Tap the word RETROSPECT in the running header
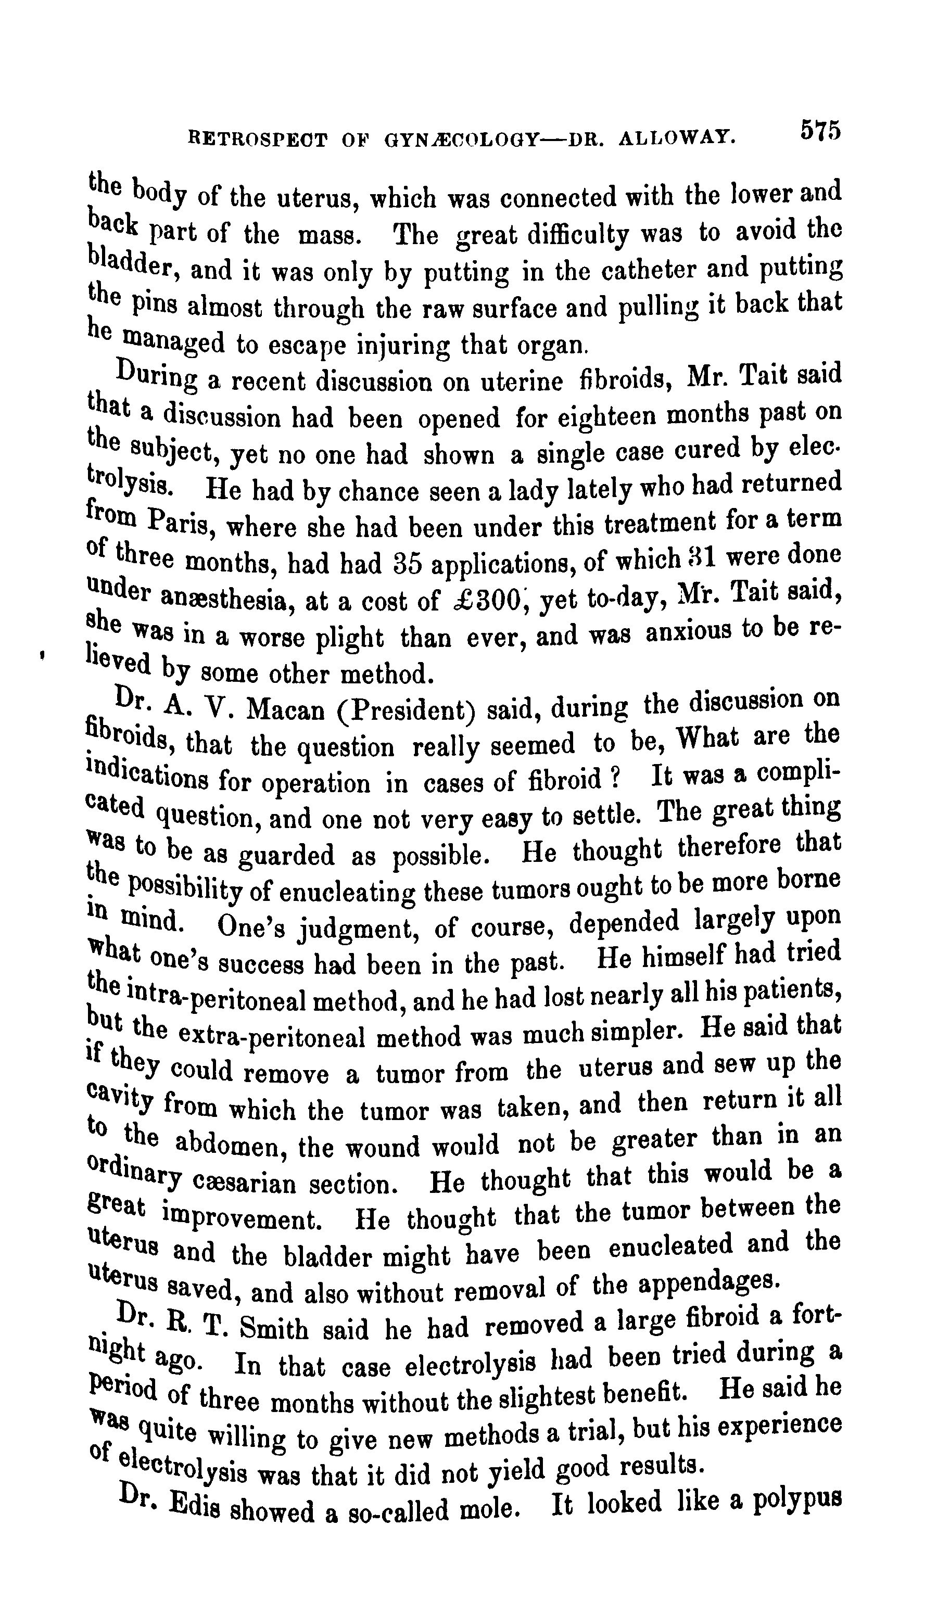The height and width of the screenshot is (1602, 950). coord(257,139)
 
